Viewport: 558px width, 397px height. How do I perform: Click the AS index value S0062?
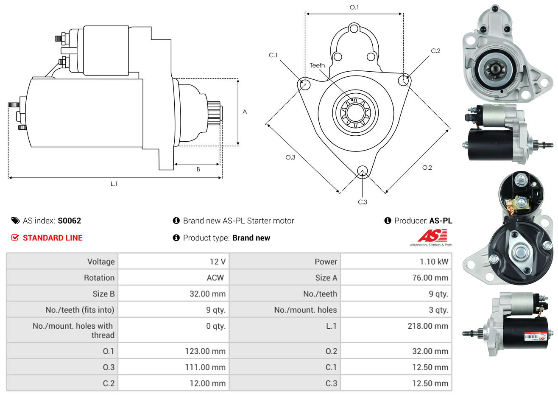[x=69, y=221]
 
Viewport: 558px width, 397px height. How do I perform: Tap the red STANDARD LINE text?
[x=53, y=238]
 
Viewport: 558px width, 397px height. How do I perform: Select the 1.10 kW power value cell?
[x=434, y=262]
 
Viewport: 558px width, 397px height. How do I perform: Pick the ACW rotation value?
[x=215, y=278]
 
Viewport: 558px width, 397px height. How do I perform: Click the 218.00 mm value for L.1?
[x=428, y=326]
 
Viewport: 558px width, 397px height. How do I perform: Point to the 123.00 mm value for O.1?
[x=205, y=351]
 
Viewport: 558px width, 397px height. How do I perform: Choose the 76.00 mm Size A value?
[x=430, y=278]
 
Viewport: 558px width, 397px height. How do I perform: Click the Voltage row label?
[x=101, y=262]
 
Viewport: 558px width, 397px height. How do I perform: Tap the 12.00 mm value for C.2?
[x=207, y=383]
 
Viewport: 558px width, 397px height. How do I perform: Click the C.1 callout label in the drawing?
[x=273, y=55]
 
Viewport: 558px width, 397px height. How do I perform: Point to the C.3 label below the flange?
[x=363, y=202]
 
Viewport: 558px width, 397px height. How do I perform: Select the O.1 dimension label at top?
[x=354, y=7]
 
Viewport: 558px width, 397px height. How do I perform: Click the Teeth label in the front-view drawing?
[x=317, y=65]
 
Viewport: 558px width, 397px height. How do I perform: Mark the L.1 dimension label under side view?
[x=114, y=184]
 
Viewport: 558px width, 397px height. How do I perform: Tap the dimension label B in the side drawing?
[x=198, y=169]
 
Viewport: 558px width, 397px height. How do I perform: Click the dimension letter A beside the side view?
[x=245, y=112]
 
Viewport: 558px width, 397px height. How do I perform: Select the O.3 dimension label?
[x=290, y=157]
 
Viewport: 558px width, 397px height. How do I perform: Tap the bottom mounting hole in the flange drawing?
[x=362, y=171]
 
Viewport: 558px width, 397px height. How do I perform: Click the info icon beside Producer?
[x=388, y=221]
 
